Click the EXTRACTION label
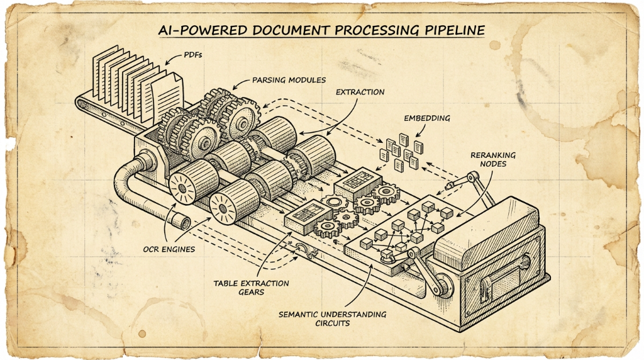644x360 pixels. (x=360, y=92)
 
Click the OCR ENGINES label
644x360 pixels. (x=168, y=249)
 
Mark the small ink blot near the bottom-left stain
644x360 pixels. (x=142, y=333)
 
